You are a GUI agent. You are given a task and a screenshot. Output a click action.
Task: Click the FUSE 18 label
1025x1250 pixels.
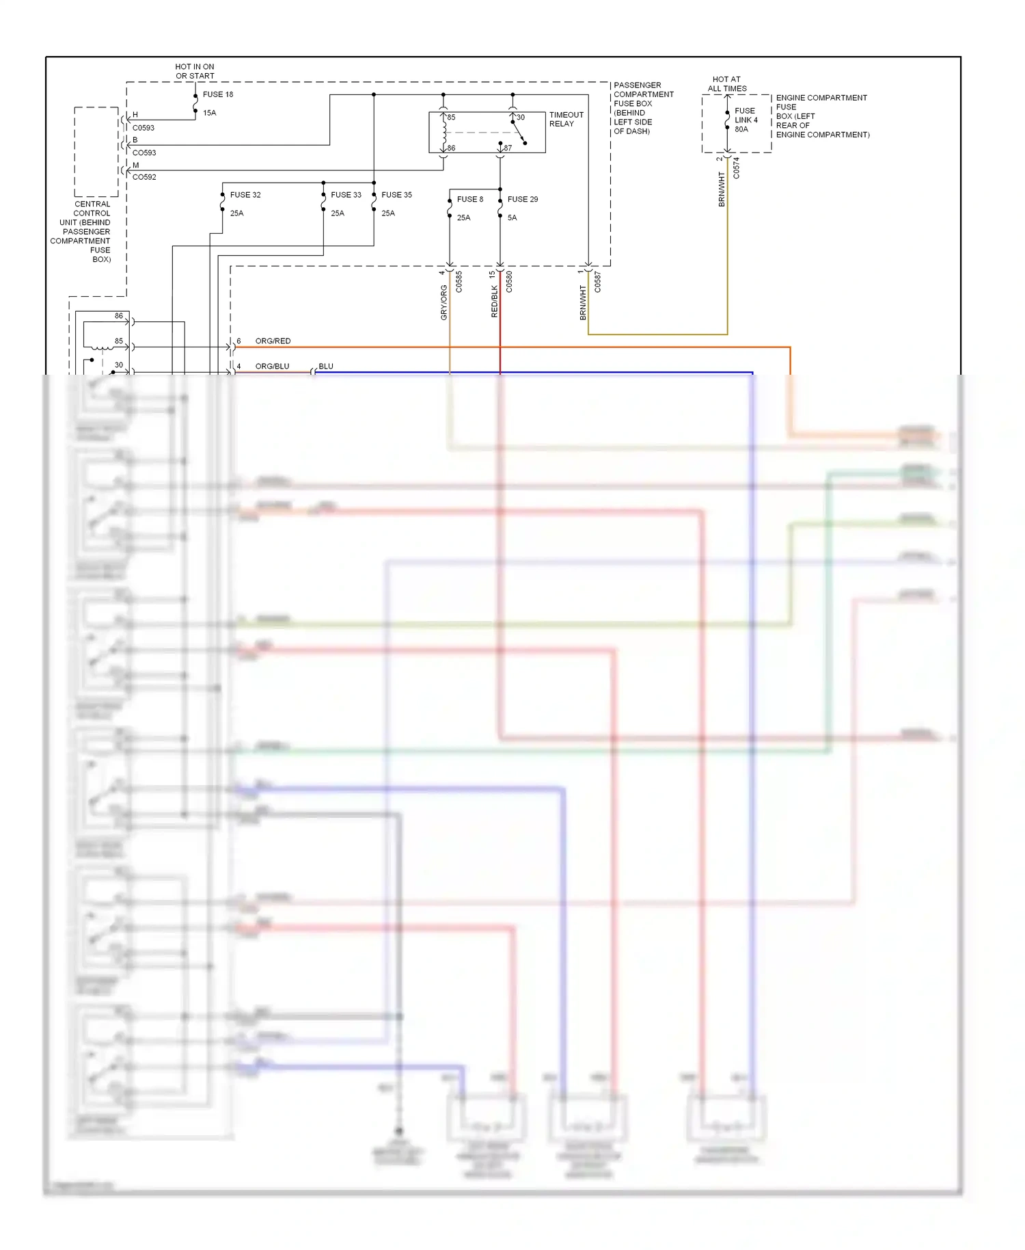tap(217, 94)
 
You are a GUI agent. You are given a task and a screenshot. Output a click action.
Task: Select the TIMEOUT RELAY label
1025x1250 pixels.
tap(566, 119)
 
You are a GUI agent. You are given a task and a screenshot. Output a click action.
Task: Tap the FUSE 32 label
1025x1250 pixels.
tap(245, 195)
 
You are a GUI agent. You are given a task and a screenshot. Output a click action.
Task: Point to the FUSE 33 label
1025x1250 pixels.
tap(346, 195)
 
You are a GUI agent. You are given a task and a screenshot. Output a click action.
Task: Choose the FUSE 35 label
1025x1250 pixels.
tap(396, 195)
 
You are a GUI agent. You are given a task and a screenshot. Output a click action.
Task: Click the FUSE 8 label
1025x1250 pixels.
tap(469, 199)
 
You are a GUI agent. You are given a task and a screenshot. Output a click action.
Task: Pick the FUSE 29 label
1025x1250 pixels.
tap(522, 199)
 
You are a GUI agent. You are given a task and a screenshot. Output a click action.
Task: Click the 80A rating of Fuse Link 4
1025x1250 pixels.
tap(741, 129)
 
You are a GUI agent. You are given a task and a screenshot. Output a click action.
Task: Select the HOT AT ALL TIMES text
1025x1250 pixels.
tap(726, 83)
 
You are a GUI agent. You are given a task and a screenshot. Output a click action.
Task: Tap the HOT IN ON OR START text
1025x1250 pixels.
tap(195, 71)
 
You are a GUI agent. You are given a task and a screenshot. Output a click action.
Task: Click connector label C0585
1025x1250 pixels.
tap(459, 282)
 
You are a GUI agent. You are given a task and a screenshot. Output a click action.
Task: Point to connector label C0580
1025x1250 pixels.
tap(509, 282)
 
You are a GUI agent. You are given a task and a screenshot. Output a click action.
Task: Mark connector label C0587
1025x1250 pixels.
tap(597, 282)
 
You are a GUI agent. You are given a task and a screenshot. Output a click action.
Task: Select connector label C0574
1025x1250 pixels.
tap(736, 168)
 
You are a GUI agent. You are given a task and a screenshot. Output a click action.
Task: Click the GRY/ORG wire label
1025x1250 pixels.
tap(443, 302)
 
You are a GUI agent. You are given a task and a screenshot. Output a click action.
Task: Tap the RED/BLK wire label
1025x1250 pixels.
tap(494, 301)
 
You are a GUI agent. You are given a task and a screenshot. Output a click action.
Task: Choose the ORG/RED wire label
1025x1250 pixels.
tap(273, 341)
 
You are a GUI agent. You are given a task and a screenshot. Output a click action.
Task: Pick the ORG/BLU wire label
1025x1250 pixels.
tap(272, 366)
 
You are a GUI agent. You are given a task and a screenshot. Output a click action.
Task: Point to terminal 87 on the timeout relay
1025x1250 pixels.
tap(508, 148)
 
